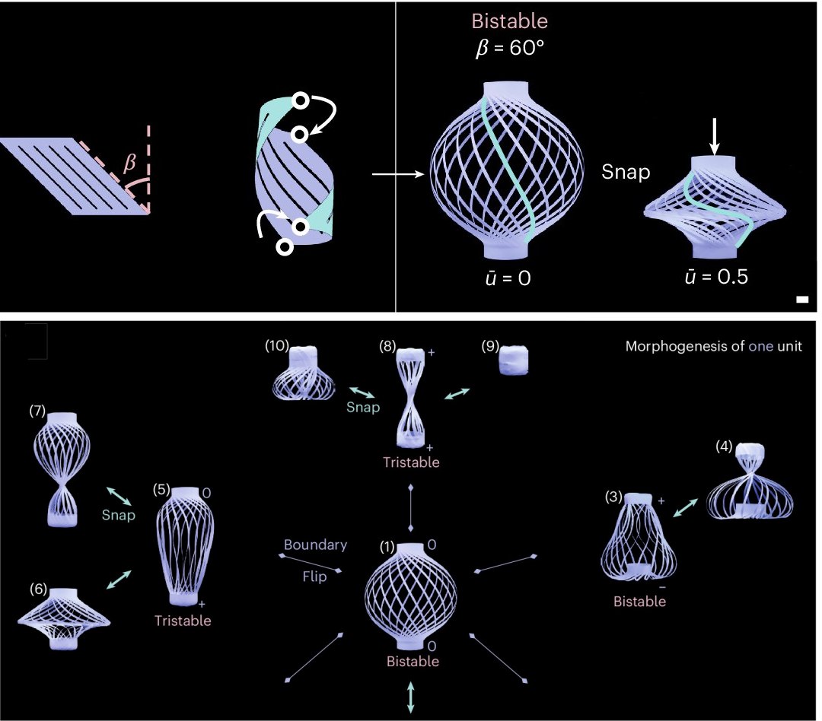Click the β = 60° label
click(x=509, y=49)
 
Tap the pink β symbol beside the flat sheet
click(x=129, y=163)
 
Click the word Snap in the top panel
click(x=626, y=172)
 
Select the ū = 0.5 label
click(x=716, y=277)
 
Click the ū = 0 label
click(x=508, y=278)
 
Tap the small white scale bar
click(x=802, y=299)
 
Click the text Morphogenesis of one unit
click(x=713, y=346)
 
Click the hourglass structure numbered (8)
click(x=411, y=398)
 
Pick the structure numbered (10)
click(x=304, y=373)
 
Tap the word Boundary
click(x=315, y=545)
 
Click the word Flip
click(x=314, y=577)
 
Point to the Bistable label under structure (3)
click(x=639, y=601)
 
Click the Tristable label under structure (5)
click(x=183, y=621)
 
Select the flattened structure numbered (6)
click(x=64, y=619)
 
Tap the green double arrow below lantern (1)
click(x=410, y=697)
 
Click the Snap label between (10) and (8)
click(x=363, y=407)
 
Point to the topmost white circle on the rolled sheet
click(x=301, y=101)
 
